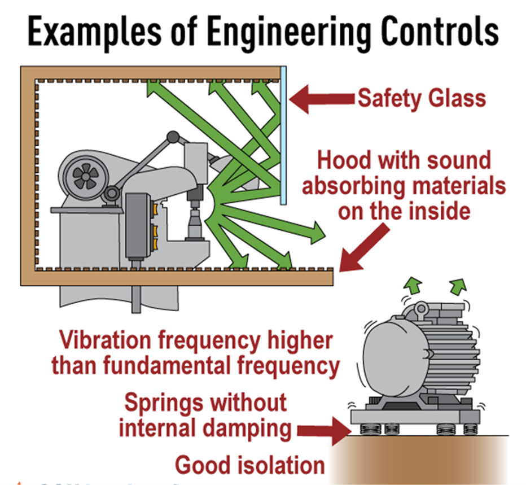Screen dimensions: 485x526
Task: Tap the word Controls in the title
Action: (440, 32)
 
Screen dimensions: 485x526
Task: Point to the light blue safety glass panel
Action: (283, 136)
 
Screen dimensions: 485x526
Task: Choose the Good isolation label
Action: (250, 465)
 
